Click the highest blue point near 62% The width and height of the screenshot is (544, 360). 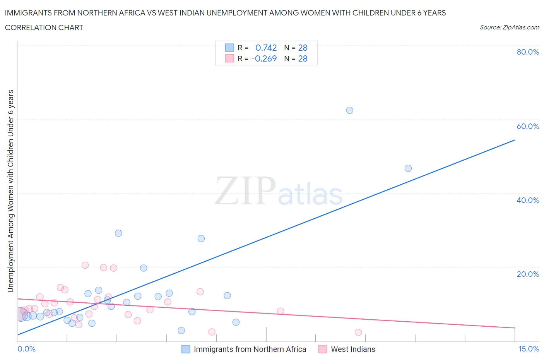coord(349,110)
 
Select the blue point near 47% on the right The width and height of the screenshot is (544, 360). coord(408,168)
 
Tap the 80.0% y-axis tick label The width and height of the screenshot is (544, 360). coord(528,52)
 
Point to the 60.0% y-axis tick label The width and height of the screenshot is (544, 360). coord(528,126)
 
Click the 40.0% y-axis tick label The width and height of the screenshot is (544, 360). coord(528,200)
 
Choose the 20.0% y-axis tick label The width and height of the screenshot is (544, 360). coord(528,274)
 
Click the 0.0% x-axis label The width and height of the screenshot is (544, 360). coord(27,349)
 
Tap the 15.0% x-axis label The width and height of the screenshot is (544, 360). coord(529,349)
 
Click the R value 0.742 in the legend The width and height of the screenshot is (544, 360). coord(266,48)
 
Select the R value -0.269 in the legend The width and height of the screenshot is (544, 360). coord(264,58)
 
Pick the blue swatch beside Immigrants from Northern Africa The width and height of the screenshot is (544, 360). coord(186,349)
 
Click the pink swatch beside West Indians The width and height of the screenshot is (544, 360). coord(323,349)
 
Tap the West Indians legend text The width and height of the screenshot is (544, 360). coord(353,349)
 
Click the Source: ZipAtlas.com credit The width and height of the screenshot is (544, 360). coord(509,27)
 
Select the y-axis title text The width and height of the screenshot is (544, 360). coord(10,191)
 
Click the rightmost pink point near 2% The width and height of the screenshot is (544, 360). coord(358,333)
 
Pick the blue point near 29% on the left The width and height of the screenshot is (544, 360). coord(118,233)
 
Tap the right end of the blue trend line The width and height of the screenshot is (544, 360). coord(515,140)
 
